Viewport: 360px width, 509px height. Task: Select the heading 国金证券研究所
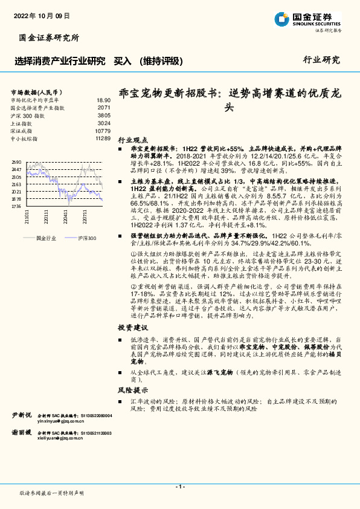click(x=49, y=38)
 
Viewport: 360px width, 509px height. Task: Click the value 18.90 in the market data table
click(x=103, y=100)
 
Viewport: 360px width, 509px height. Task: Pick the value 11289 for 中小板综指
click(x=103, y=138)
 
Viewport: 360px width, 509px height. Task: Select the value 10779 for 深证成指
click(x=103, y=131)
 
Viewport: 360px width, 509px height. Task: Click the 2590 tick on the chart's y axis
click(x=16, y=162)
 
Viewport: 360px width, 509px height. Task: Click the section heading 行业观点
click(x=132, y=138)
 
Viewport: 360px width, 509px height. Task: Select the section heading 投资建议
click(x=132, y=327)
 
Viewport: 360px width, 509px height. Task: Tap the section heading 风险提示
click(x=132, y=390)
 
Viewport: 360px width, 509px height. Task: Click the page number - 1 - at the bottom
click(x=179, y=487)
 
